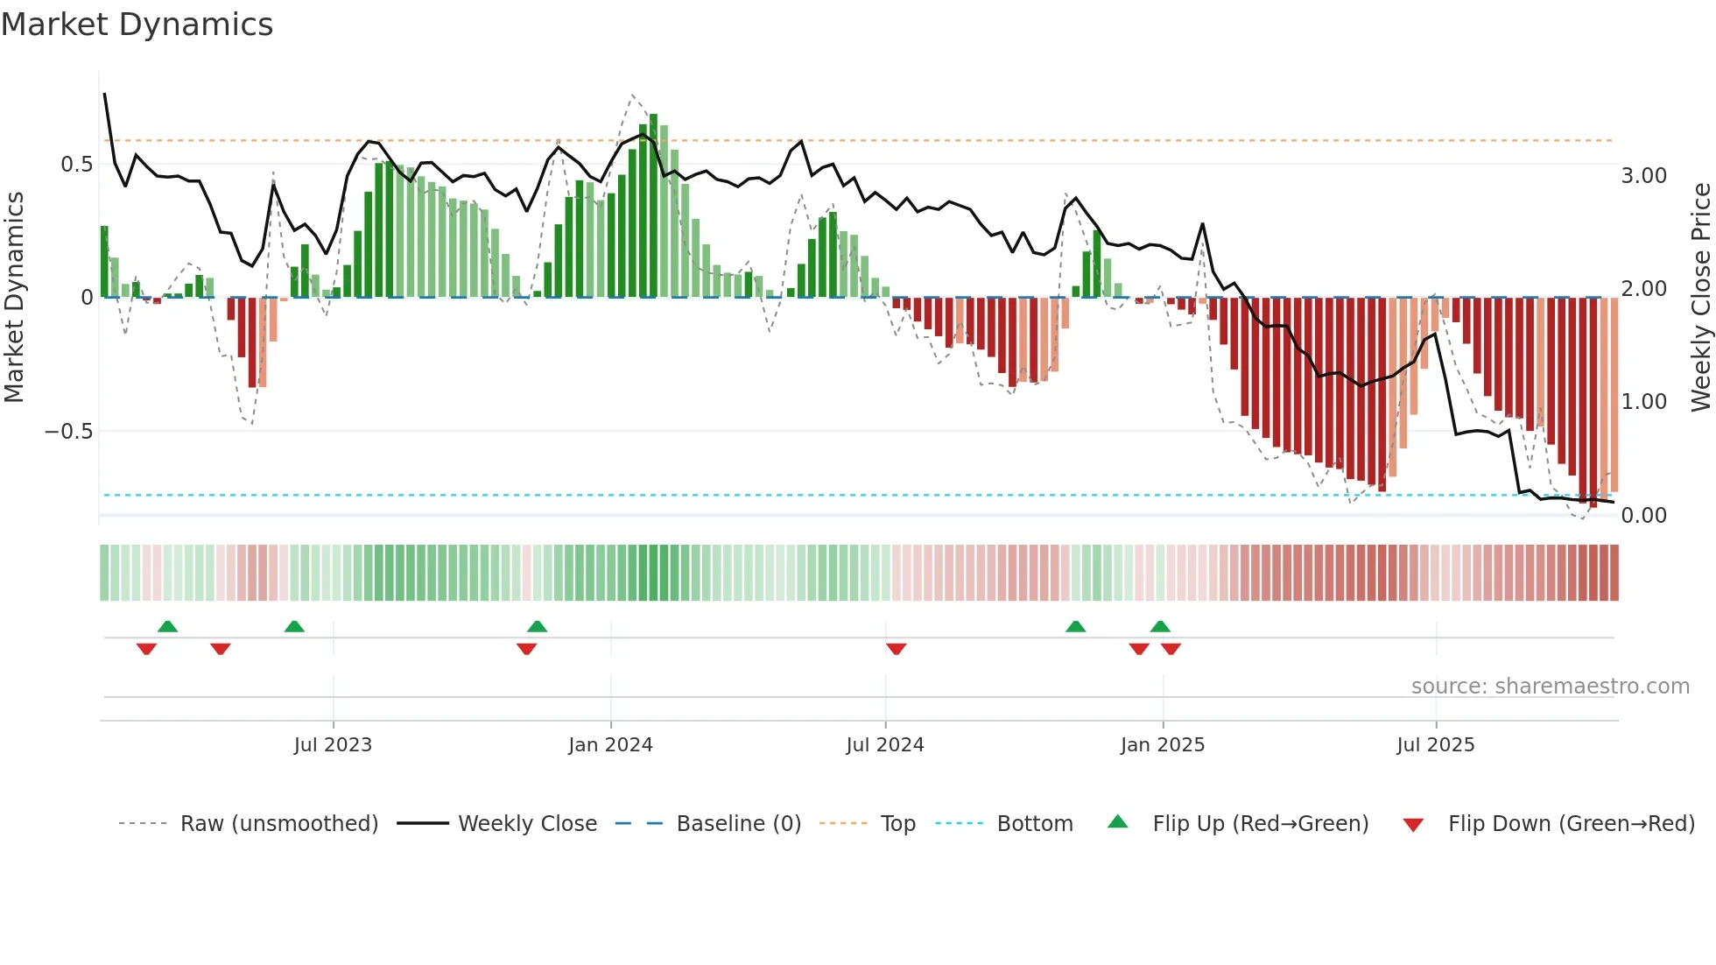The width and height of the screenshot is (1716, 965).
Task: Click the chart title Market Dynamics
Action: [x=137, y=25]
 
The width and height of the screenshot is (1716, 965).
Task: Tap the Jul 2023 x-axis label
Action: [x=333, y=745]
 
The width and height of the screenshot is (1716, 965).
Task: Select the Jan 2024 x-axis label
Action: [x=610, y=745]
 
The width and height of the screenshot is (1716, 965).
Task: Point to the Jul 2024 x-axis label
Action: [x=885, y=745]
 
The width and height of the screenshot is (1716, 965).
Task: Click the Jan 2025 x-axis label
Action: [x=1163, y=745]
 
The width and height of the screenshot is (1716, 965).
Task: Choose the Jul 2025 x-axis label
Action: [x=1436, y=745]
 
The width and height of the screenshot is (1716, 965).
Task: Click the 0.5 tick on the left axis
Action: [x=77, y=165]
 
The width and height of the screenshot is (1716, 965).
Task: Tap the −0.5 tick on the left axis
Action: [x=68, y=432]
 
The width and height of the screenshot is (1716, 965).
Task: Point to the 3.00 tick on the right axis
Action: [x=1643, y=176]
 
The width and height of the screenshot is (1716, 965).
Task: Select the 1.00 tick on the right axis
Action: [x=1643, y=402]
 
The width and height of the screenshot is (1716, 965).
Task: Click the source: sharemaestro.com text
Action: [x=1550, y=687]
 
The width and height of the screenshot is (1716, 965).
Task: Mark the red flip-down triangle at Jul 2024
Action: [x=896, y=649]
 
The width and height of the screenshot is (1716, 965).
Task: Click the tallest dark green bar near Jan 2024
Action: [x=653, y=206]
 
